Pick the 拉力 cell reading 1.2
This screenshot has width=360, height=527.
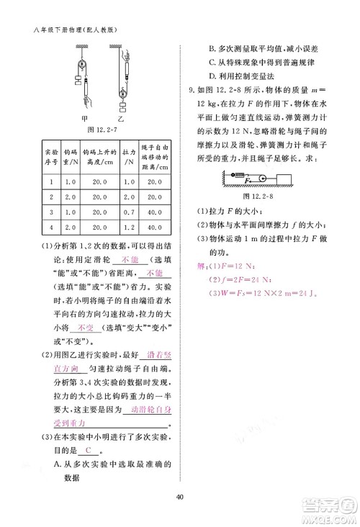130,228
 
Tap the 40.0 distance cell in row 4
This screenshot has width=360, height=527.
155,228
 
